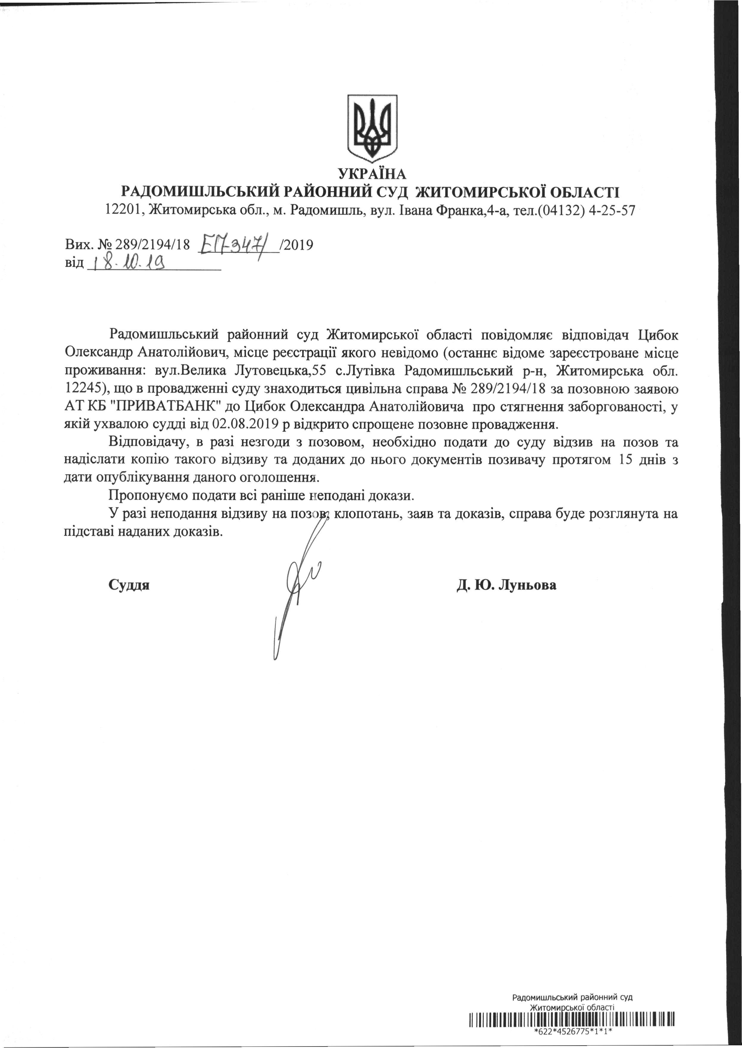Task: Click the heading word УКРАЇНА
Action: [x=372, y=174]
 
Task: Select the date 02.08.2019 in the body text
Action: [x=246, y=424]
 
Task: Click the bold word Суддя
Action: [x=129, y=585]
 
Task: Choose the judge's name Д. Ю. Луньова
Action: [x=506, y=585]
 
